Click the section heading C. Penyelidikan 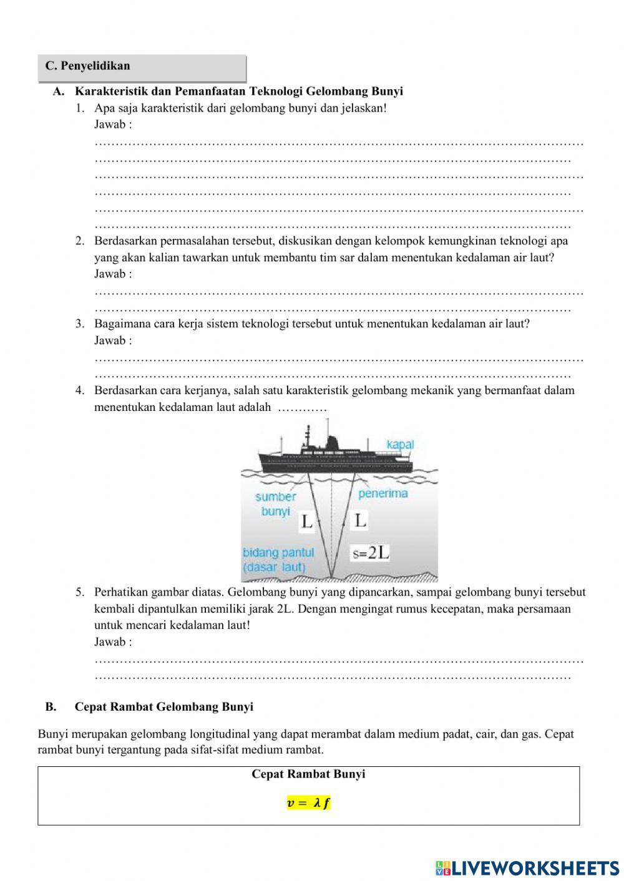coord(87,66)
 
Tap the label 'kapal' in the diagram coord(400,445)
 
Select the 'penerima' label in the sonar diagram coord(383,493)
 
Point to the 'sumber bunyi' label coord(275,504)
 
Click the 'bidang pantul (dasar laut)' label coord(278,559)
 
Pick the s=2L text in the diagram coord(371,552)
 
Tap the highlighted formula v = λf coord(308,803)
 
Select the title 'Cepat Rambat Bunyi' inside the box coord(308,774)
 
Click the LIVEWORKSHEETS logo coord(527,867)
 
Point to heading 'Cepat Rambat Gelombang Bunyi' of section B coord(164,707)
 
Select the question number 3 coord(80,324)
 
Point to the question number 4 coord(80,390)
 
